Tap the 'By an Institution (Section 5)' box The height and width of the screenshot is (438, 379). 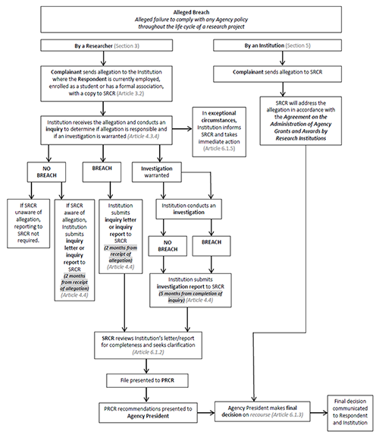pyautogui.click(x=281, y=47)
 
